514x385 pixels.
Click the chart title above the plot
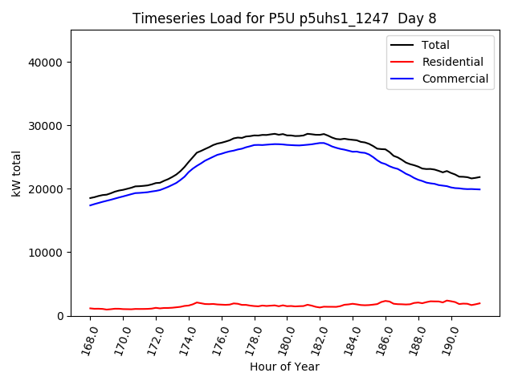(x=284, y=18)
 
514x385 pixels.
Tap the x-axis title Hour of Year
(x=284, y=367)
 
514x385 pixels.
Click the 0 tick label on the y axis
(x=61, y=316)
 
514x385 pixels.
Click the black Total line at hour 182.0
(x=320, y=135)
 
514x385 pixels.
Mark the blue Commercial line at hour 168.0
(x=91, y=205)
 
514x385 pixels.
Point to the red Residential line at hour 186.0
(x=385, y=301)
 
